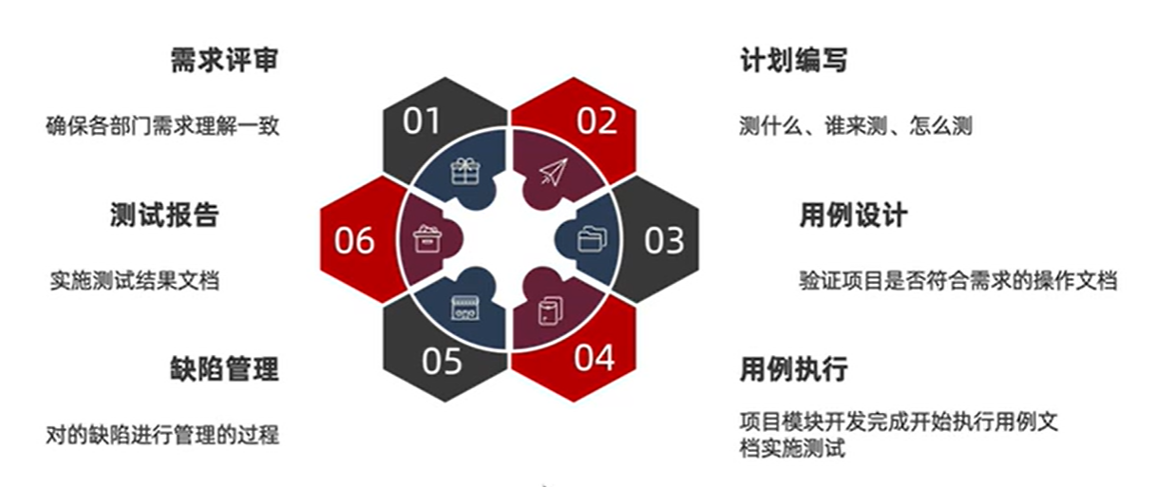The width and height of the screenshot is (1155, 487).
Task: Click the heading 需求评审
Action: click(225, 61)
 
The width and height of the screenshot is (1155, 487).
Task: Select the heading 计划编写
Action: click(794, 61)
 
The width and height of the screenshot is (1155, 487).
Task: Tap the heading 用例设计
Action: click(854, 215)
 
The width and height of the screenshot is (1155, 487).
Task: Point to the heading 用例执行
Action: click(794, 369)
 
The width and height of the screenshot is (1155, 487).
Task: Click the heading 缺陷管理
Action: click(225, 369)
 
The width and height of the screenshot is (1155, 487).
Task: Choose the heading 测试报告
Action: click(164, 215)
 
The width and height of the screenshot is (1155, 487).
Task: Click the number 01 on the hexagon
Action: click(422, 122)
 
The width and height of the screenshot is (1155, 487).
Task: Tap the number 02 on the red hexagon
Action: click(596, 122)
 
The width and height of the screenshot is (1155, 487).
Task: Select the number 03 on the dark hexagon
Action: click(664, 241)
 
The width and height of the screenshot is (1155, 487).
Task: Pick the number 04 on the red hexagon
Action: click(594, 358)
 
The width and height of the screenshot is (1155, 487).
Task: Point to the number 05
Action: click(442, 362)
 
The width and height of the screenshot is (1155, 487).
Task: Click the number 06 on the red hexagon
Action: click(353, 241)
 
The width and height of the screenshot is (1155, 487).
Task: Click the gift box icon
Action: click(465, 172)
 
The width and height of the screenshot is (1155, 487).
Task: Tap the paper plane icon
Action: click(554, 172)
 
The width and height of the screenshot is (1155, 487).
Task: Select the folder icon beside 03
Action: click(592, 239)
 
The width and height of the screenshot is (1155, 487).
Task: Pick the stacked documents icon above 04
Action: click(551, 310)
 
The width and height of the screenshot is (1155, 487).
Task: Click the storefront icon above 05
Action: click(465, 309)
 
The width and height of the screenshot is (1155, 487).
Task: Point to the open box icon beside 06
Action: click(427, 239)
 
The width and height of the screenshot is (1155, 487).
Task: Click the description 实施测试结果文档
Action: click(134, 281)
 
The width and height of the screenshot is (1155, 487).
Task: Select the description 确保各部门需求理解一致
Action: click(162, 126)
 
